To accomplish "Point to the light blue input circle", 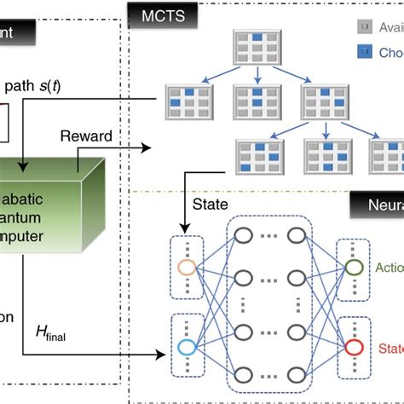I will (x=188, y=347).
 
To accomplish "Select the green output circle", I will (x=353, y=266).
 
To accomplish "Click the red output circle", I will (x=353, y=346).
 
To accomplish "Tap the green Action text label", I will (x=389, y=266).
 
